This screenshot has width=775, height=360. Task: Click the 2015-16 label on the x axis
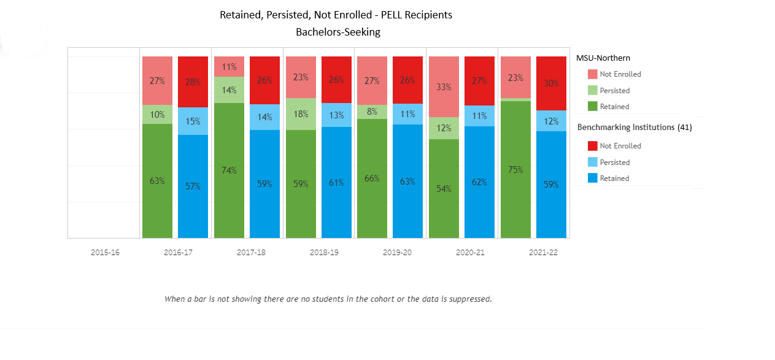(x=106, y=253)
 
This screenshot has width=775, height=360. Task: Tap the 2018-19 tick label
(x=324, y=253)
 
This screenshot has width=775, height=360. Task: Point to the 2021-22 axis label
(x=543, y=253)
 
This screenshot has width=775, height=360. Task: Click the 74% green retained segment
(x=229, y=170)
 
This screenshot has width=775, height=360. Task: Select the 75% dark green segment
(x=515, y=169)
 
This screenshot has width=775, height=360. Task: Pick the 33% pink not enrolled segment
(x=444, y=86)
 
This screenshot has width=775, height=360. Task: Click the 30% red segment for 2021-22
(x=551, y=83)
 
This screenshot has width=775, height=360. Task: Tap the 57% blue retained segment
(x=193, y=186)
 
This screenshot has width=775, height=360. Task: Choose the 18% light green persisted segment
(x=301, y=114)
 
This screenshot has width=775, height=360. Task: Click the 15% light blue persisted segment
(x=193, y=121)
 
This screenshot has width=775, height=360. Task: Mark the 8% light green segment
(x=372, y=112)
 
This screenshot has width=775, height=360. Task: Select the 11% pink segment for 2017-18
(x=229, y=67)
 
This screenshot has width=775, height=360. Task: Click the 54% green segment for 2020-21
(x=444, y=188)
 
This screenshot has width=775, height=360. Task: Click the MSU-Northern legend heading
(x=603, y=58)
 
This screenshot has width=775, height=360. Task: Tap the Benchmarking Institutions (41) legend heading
(x=634, y=128)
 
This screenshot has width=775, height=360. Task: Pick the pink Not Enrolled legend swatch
(x=592, y=74)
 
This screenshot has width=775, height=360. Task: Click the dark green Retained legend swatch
(x=592, y=107)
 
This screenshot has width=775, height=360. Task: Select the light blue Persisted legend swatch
(x=592, y=163)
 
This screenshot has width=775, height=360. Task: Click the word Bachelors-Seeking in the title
(x=338, y=33)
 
